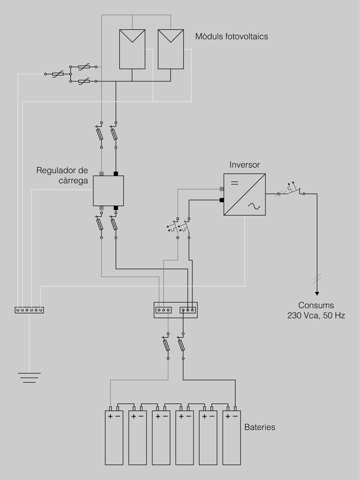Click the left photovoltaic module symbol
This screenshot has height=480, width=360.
tap(132, 49)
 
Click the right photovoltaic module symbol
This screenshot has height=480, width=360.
tap(171, 49)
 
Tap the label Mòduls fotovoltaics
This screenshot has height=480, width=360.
tap(232, 37)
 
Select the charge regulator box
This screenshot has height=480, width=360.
tap(109, 191)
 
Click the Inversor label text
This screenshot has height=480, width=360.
tap(244, 165)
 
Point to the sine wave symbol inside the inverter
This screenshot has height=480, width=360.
tap(252, 206)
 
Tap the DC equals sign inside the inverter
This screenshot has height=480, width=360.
tap(235, 182)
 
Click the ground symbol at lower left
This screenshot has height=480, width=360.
tap(29, 377)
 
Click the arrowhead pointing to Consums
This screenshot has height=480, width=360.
tap(317, 292)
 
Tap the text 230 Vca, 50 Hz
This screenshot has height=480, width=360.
tap(316, 315)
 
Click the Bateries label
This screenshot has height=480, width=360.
tap(259, 427)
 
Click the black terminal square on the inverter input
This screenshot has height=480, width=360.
tap(222, 200)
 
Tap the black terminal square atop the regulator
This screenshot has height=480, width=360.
tap(116, 174)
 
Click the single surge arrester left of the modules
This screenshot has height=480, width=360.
tap(57, 74)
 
